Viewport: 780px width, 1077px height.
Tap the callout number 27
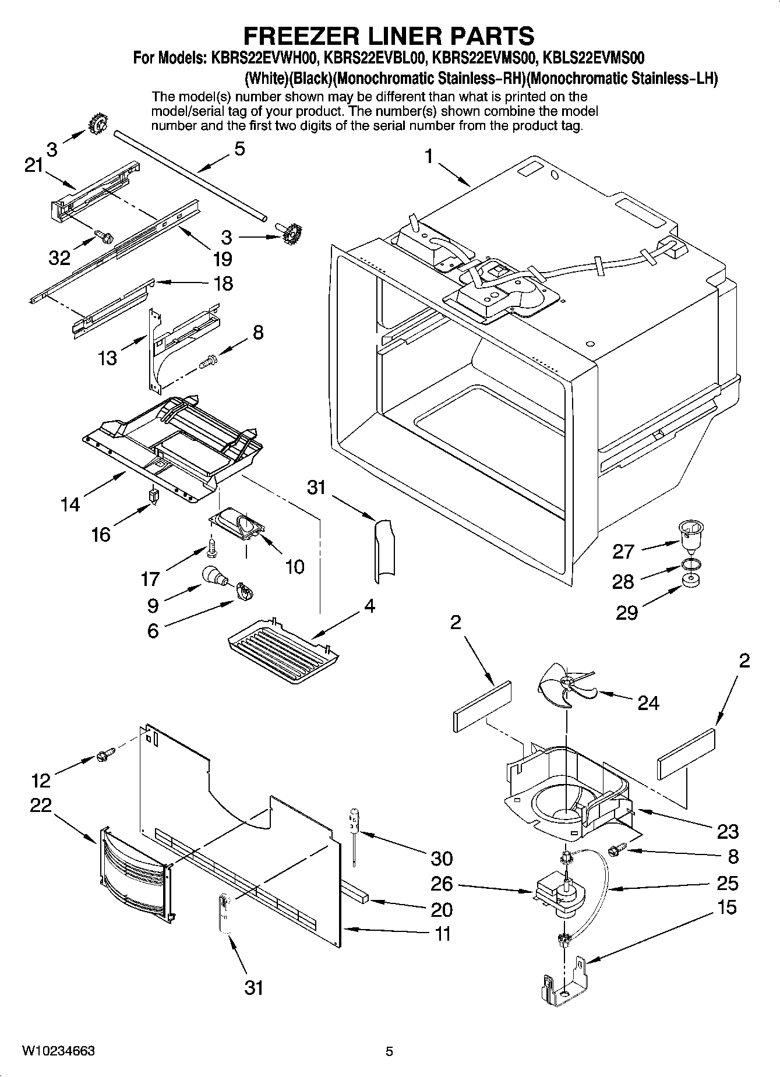623,551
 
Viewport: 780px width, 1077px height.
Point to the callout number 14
70,504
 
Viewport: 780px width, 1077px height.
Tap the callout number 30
442,858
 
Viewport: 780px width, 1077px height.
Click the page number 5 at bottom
389,1051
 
